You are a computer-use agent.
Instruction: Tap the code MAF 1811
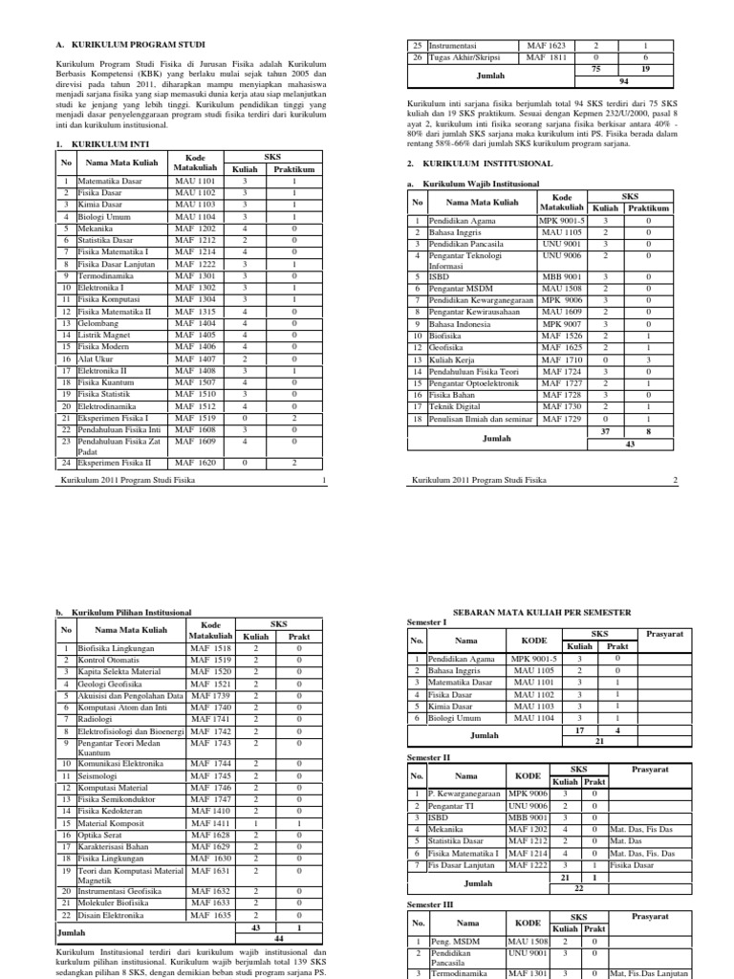(546, 57)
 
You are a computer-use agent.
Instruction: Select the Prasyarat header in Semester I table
(662, 632)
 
